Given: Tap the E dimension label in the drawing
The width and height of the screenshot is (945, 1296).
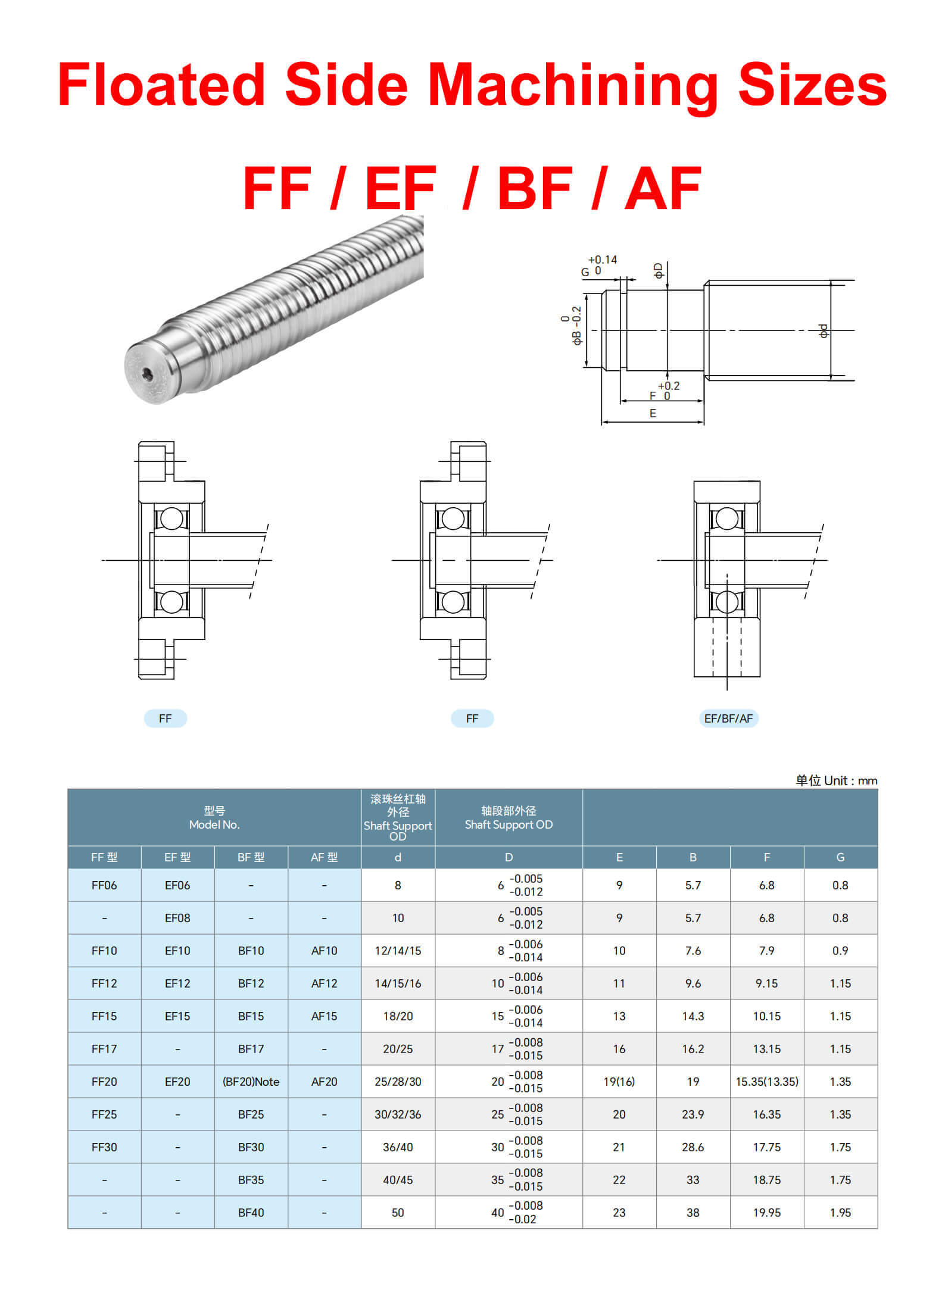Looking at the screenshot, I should click(x=653, y=413).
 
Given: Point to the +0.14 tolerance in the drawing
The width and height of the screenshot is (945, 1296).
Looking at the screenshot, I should click(x=602, y=260).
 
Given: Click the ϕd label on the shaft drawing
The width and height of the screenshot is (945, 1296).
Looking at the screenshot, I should click(x=824, y=331).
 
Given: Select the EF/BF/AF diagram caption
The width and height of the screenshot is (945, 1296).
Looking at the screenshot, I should click(x=728, y=719).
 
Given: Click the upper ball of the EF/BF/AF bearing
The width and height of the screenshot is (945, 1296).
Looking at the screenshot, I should click(x=726, y=518).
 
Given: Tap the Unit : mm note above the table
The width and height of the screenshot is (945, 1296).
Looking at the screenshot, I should click(x=836, y=780).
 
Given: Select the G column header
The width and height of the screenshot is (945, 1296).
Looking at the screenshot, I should click(x=840, y=857).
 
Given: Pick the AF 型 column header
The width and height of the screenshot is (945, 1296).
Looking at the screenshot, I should click(x=324, y=857).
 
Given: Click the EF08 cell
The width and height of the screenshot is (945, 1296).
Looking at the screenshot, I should click(x=177, y=918).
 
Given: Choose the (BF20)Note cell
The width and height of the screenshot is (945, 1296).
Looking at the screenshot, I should click(x=251, y=1082).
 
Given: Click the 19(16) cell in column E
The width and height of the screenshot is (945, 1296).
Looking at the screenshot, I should click(x=619, y=1082).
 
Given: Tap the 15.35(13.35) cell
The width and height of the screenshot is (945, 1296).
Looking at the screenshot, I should click(x=766, y=1082).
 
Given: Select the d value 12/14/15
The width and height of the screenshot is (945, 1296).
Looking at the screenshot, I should click(x=398, y=951).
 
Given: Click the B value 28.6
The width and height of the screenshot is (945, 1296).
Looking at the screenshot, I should click(x=693, y=1147).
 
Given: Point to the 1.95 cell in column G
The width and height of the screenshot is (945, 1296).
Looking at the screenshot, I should click(x=840, y=1213).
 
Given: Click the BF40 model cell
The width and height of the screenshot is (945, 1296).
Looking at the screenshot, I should click(x=251, y=1213).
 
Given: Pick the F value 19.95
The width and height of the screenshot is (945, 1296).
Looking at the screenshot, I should click(x=766, y=1213).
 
